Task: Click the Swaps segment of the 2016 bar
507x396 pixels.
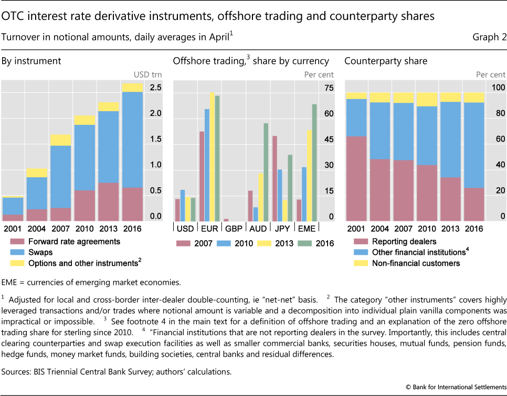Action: (132, 140)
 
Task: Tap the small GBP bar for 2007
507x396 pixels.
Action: (226, 220)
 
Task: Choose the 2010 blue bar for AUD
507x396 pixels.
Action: (256, 214)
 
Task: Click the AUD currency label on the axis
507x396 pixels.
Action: (258, 229)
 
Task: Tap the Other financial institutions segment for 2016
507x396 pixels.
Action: (474, 145)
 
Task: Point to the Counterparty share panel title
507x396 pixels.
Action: (386, 61)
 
